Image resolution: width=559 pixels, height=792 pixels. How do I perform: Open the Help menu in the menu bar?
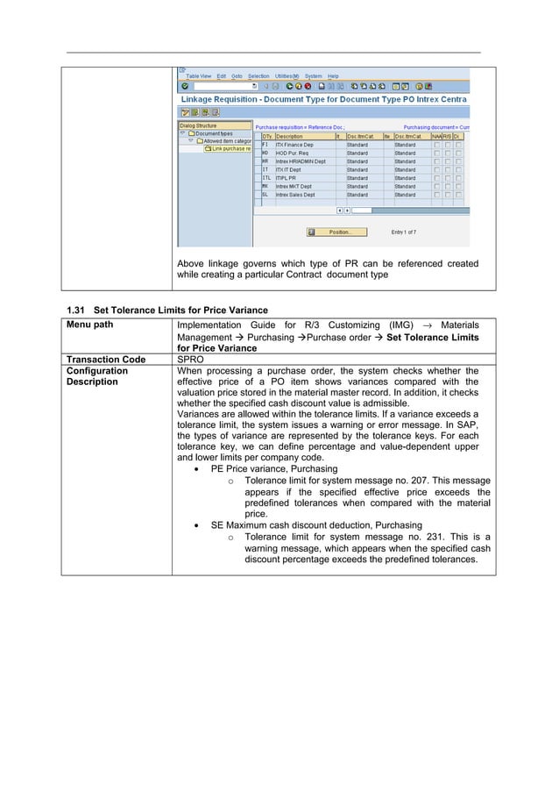pyautogui.click(x=333, y=75)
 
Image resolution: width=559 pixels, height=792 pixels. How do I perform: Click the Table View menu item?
pyautogui.click(x=198, y=75)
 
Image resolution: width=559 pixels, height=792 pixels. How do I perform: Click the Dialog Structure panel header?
pyautogui.click(x=199, y=125)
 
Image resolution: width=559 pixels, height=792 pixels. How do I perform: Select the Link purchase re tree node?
pyautogui.click(x=228, y=149)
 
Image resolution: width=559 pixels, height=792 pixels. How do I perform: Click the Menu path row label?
pyautogui.click(x=90, y=325)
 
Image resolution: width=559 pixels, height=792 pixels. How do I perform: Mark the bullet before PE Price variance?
pyautogui.click(x=201, y=469)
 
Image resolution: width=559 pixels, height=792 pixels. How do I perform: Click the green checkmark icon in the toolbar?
pyautogui.click(x=185, y=86)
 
